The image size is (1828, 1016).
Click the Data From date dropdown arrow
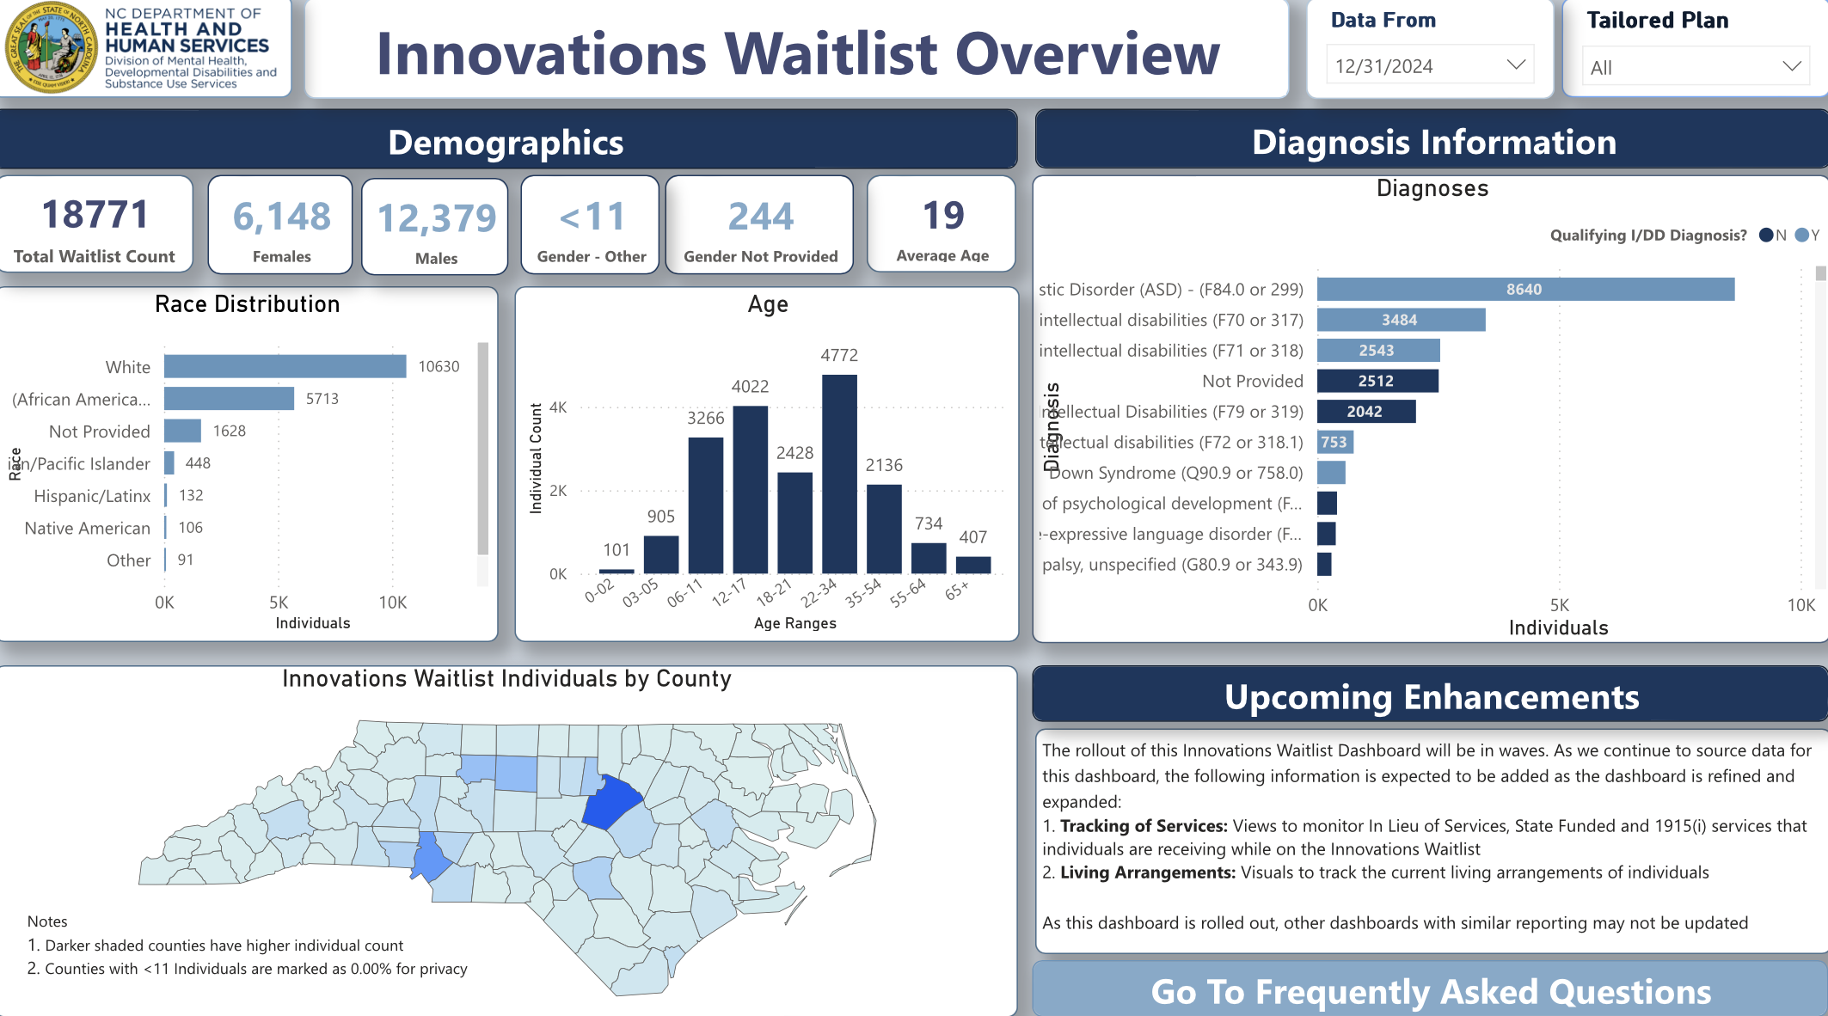click(x=1516, y=65)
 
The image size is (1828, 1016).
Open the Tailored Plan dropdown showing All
click(x=1694, y=67)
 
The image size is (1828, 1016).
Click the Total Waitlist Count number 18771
click(x=95, y=215)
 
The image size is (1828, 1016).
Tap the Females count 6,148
click(x=281, y=217)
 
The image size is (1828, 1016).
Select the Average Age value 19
click(x=942, y=215)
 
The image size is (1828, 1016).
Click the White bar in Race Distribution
click(x=285, y=366)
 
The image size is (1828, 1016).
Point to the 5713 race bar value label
click(x=322, y=399)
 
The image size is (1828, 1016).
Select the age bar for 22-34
click(x=839, y=474)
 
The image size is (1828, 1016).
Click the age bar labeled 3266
click(x=706, y=505)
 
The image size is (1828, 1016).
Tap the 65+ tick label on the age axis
click(x=957, y=591)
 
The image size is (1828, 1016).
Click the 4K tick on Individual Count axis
click(x=558, y=407)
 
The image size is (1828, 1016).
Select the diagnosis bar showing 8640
click(x=1524, y=290)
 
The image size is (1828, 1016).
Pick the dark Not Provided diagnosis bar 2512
click(x=1377, y=381)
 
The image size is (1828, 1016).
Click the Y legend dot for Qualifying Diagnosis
click(x=1801, y=236)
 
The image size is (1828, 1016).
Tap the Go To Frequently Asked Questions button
click(x=1430, y=991)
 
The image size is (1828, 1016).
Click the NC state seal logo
click(x=51, y=48)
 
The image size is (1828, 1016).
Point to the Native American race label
click(x=87, y=528)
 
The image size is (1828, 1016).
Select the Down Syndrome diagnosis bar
click(x=1331, y=473)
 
